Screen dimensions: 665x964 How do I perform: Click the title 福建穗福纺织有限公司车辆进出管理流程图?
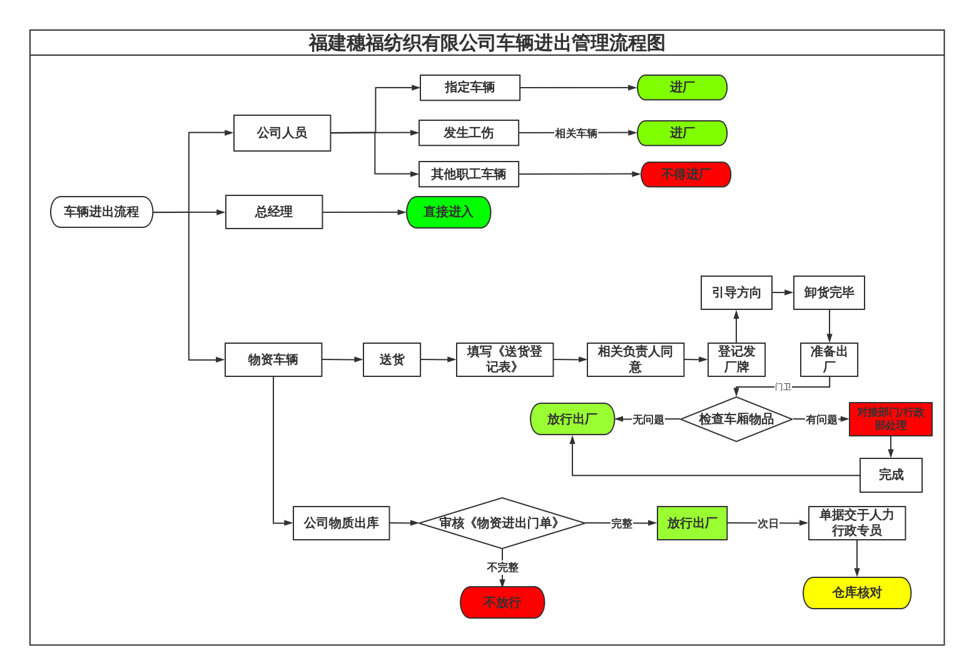point(487,43)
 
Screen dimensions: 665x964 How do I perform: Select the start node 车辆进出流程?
point(101,212)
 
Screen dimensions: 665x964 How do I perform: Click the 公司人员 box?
point(282,133)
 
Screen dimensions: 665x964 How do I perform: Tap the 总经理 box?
point(274,212)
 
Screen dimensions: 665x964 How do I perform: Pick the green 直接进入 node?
point(449,212)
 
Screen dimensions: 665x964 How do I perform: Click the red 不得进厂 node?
point(686,174)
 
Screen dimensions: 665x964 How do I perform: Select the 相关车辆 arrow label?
point(576,133)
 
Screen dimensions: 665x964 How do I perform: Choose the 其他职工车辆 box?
point(469,174)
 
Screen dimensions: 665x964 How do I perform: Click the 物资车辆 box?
point(273,359)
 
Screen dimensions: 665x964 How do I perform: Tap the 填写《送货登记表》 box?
point(505,359)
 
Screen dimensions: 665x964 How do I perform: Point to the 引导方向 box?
point(736,292)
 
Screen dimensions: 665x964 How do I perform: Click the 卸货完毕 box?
point(829,292)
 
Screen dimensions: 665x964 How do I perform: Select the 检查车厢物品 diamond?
point(736,419)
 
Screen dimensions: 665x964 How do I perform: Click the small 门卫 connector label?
point(783,387)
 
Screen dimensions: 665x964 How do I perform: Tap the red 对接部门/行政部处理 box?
point(890,419)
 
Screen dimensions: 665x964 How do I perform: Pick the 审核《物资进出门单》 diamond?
point(502,523)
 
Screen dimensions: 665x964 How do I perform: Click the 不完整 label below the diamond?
point(502,567)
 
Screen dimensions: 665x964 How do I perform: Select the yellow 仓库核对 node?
point(856,592)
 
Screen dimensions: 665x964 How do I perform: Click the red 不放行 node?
point(502,602)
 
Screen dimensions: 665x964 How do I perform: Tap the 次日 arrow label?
point(768,523)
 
